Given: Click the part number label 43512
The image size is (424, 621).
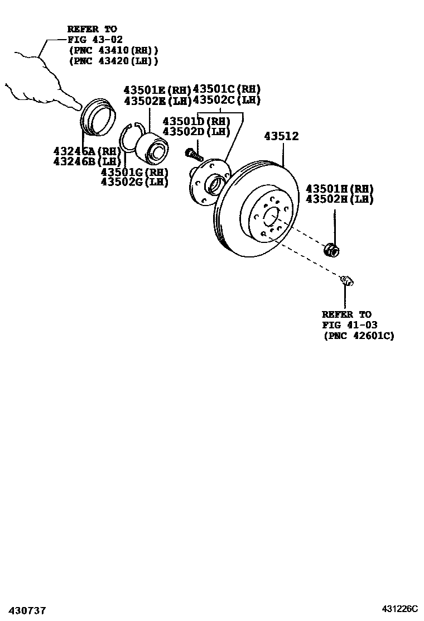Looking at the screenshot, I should (282, 136).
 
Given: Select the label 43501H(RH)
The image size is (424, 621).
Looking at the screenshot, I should (339, 189).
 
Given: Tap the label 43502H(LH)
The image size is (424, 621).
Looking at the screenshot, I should (339, 199).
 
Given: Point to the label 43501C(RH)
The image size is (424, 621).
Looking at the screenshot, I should (227, 89).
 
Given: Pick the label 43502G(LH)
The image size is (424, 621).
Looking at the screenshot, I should (134, 182).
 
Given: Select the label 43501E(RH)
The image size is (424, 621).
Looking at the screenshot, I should (157, 89).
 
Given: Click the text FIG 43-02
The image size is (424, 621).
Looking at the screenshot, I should (92, 40).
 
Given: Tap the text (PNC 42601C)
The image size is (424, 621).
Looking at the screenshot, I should (358, 336).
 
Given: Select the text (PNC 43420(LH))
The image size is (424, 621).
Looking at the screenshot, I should (113, 61).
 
